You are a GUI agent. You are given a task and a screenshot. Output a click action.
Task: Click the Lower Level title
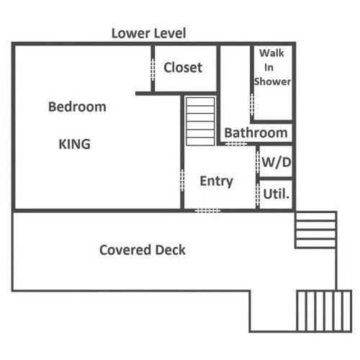(x=149, y=33)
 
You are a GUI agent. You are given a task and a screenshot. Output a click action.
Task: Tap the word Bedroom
(x=77, y=107)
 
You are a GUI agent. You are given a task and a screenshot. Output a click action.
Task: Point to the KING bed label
(x=75, y=144)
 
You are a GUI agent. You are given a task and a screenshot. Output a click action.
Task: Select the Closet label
(x=183, y=68)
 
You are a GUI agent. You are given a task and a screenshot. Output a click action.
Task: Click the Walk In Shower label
(x=272, y=67)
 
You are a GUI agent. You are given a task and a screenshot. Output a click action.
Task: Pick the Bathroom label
(x=256, y=132)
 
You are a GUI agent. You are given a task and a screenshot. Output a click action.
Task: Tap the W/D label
(x=276, y=162)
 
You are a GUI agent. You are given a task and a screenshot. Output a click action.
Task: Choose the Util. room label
(x=276, y=194)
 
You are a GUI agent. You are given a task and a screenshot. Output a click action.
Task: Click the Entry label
(x=217, y=181)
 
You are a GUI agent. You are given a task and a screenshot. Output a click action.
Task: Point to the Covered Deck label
(x=143, y=250)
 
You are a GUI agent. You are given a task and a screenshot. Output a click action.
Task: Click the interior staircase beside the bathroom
(x=200, y=121)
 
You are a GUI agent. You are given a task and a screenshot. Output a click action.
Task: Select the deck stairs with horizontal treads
(x=315, y=230)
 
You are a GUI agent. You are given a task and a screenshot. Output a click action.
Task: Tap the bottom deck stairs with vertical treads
(x=324, y=311)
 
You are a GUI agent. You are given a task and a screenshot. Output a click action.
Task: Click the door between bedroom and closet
(x=153, y=70)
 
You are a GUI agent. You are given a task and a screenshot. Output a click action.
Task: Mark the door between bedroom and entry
(x=182, y=180)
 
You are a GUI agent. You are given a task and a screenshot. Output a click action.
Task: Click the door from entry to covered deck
(x=207, y=211)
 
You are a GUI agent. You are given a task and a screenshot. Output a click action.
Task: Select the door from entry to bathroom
(x=236, y=144)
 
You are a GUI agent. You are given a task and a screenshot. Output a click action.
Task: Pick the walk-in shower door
(x=252, y=104)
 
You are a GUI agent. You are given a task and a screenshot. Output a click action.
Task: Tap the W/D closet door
(x=258, y=162)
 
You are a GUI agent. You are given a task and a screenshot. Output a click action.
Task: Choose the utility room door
(x=258, y=194)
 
